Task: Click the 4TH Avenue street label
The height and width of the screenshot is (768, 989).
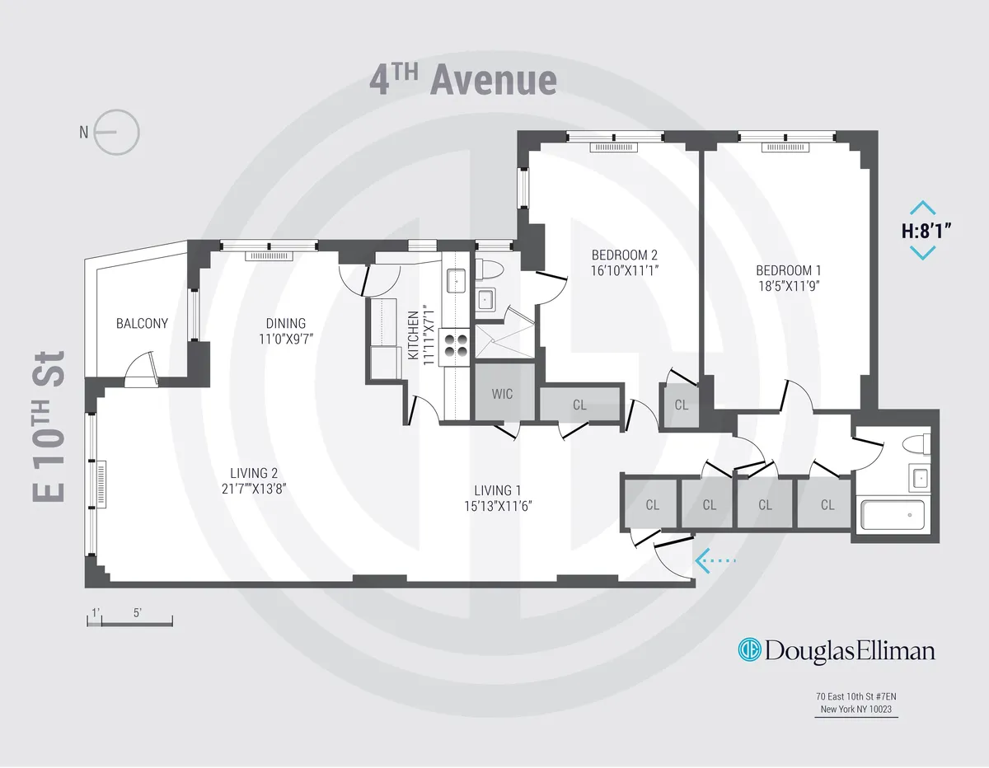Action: [462, 81]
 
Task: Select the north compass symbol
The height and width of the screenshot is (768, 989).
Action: [116, 132]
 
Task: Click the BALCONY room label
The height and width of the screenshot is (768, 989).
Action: [142, 324]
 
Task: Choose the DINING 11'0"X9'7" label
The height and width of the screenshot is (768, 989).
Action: [285, 330]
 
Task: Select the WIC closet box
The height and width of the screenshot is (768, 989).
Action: [502, 394]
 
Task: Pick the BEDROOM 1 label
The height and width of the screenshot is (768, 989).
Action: [789, 278]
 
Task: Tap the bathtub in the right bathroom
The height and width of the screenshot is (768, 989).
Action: [893, 515]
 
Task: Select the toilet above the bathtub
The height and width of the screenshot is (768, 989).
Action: [916, 445]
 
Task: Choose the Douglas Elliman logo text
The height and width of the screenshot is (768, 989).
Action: [837, 651]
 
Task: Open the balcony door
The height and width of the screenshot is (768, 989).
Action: [139, 368]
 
